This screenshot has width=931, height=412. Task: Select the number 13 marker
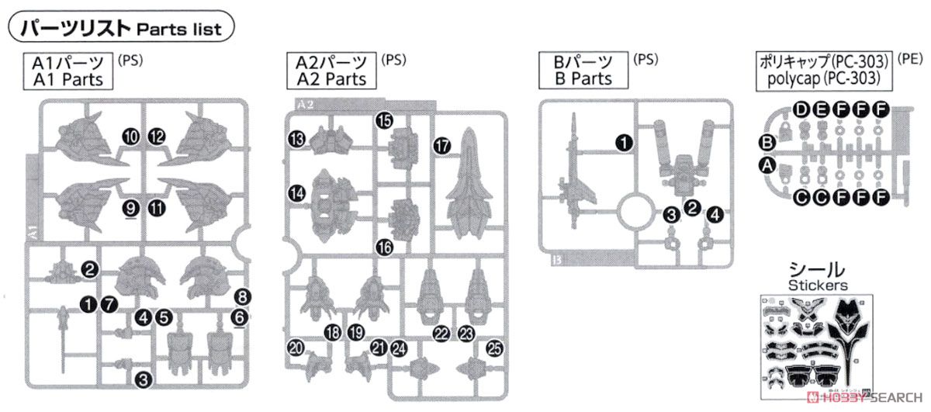(296, 139)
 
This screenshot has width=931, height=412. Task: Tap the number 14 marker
(296, 192)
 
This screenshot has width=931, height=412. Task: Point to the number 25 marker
(494, 349)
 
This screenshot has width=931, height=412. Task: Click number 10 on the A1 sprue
(131, 137)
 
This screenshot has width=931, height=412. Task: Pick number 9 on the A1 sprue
(130, 207)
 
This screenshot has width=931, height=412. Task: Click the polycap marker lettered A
(767, 164)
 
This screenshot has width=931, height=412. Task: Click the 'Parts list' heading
(122, 29)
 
